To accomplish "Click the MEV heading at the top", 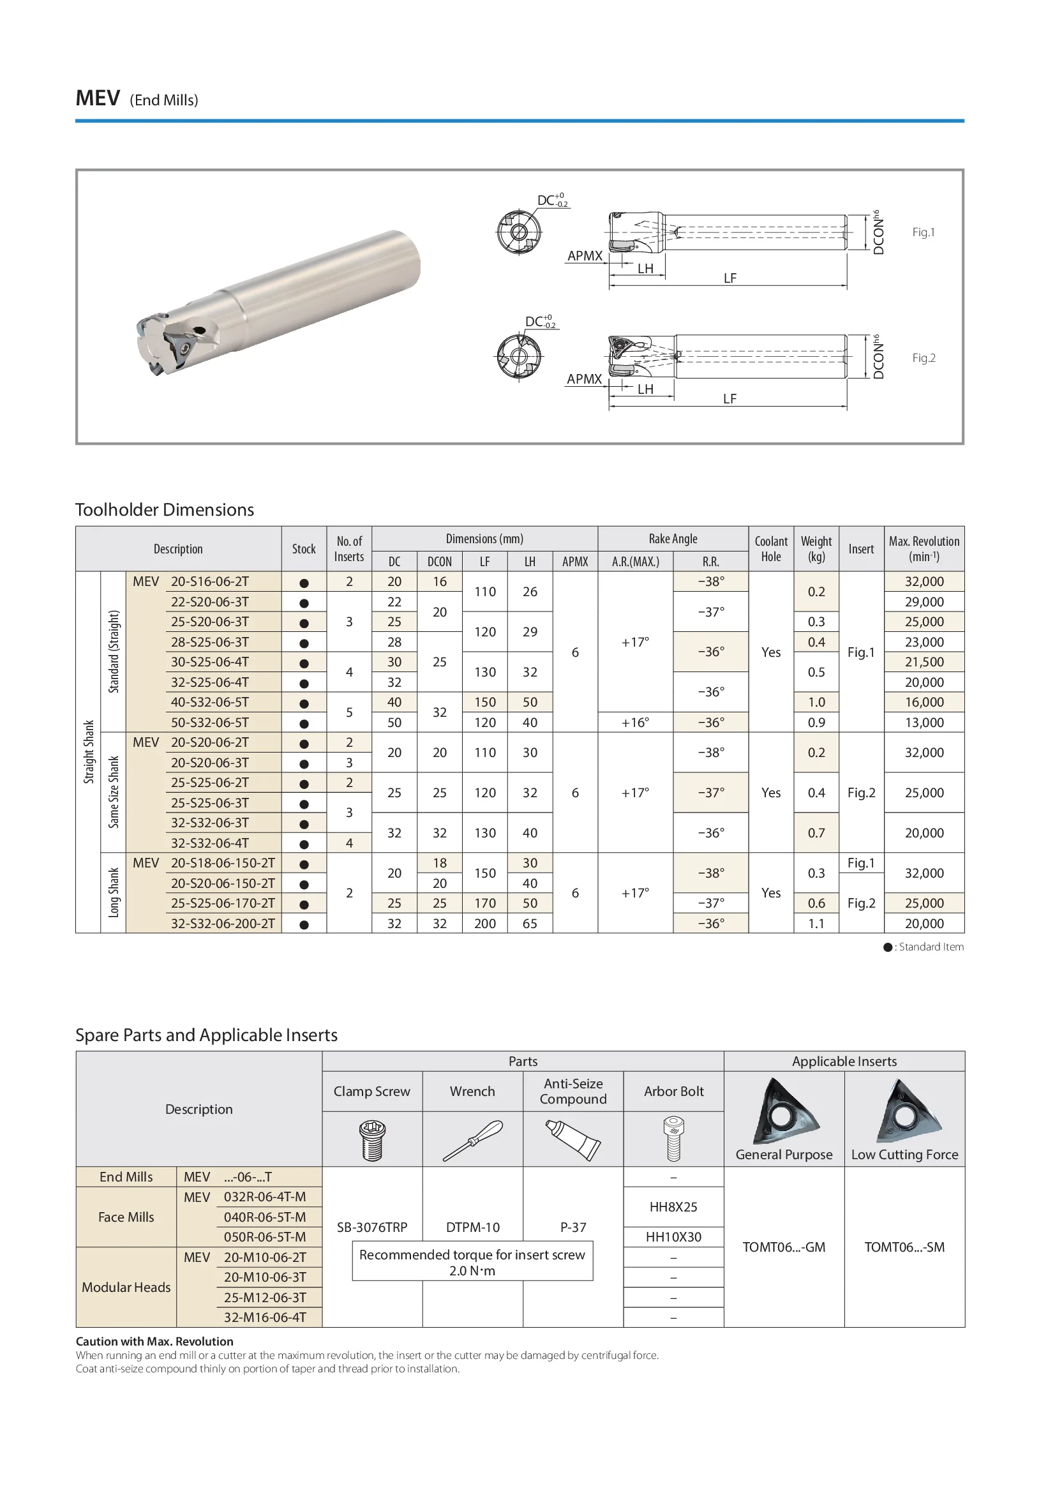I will [x=98, y=98].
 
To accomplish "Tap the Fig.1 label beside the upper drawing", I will [x=923, y=232].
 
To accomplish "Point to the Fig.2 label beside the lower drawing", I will [x=923, y=357].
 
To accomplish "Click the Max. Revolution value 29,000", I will [x=924, y=601].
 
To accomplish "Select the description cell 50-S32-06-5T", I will [x=209, y=723].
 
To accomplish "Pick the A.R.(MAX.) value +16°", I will [x=635, y=723].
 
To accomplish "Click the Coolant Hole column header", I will [x=770, y=549].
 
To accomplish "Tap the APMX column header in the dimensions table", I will [x=574, y=562].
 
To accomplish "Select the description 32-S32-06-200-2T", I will [x=222, y=924].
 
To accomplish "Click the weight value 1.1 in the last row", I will [x=816, y=924].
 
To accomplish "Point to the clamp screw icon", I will [x=372, y=1141].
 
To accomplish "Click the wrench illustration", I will [x=472, y=1141].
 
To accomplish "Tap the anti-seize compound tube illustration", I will [x=572, y=1141].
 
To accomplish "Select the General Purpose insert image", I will [x=784, y=1112].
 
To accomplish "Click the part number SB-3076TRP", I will [x=372, y=1227].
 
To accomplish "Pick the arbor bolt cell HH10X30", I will [x=673, y=1237].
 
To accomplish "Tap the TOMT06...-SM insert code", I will [x=904, y=1247].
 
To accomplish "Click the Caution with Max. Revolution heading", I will [x=154, y=1342].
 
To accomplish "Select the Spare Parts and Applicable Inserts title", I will [x=206, y=1035].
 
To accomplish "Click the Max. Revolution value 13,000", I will [x=924, y=723].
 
